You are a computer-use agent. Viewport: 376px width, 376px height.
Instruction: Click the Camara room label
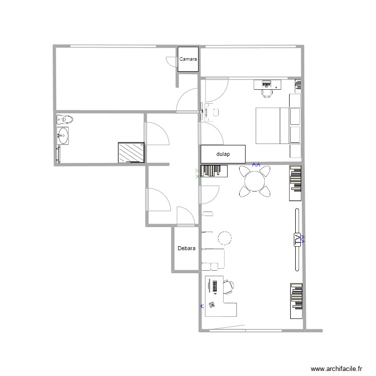tap(188, 59)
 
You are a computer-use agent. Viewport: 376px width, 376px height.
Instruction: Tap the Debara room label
tap(186, 248)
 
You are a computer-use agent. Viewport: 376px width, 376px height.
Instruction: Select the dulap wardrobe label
tap(223, 154)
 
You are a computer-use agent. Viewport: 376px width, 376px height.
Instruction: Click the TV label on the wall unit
tap(297, 240)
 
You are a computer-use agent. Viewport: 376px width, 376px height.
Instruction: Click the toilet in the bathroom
tap(65, 119)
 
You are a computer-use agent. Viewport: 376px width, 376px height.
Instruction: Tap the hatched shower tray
tap(131, 152)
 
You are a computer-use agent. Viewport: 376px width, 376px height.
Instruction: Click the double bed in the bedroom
tap(268, 125)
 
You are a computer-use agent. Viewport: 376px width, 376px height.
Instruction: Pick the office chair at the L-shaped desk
tap(228, 286)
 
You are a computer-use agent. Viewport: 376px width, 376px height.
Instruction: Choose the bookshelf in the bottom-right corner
tap(296, 301)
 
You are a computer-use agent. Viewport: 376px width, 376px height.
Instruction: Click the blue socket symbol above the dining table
tap(256, 164)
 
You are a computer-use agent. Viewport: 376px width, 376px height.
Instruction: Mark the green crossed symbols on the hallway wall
tap(198, 173)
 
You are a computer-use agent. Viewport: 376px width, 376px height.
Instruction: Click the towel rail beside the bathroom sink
tap(58, 154)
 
